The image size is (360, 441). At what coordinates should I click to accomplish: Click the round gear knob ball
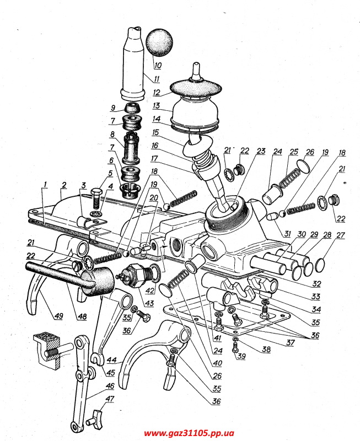coord(160,42)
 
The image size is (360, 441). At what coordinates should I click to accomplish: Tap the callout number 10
coord(158,65)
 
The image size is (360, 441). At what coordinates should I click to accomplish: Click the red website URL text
coord(189,433)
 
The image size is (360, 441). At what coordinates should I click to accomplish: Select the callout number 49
coord(58,316)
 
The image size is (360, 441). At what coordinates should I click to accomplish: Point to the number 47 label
coord(109,399)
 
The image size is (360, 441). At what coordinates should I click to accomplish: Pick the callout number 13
coord(157,106)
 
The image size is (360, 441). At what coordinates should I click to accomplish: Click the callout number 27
coord(340,235)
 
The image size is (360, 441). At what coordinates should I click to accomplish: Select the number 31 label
coord(287,233)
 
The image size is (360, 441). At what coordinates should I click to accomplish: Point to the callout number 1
coord(46,185)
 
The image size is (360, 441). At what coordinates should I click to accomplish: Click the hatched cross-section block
coord(47,350)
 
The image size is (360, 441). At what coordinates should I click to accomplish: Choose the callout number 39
coord(241,356)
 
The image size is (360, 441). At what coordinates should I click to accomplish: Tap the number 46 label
coord(110,385)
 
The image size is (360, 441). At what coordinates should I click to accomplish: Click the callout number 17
coord(154,159)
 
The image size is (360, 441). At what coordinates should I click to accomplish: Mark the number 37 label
coord(290,342)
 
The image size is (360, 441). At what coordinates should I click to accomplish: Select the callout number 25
coord(294,152)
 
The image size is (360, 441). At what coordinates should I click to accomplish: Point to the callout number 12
coord(157,92)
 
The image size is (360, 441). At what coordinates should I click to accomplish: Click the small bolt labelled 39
coord(235,346)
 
